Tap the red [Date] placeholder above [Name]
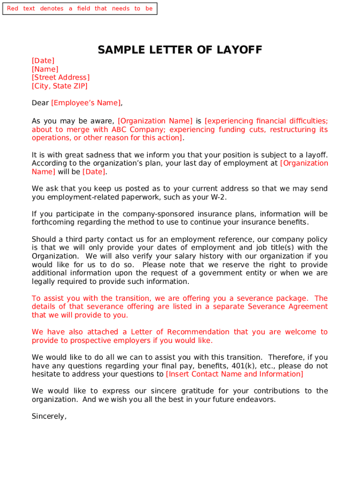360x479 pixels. [x=43, y=61]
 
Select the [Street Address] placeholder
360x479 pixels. [x=61, y=78]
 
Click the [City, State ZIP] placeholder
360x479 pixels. [x=59, y=86]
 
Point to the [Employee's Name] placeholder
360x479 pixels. [x=86, y=103]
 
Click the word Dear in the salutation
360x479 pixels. [x=40, y=103]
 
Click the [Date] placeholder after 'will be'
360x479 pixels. [x=94, y=172]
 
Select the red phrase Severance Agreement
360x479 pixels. [x=288, y=307]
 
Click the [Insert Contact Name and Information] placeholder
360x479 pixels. [x=234, y=374]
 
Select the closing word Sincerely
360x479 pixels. [x=49, y=416]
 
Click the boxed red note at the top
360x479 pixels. [x=79, y=8]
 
